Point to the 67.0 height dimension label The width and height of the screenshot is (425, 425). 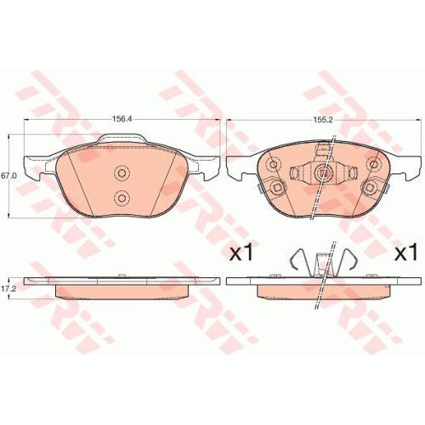point(8,176)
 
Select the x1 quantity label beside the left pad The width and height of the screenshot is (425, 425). point(241,253)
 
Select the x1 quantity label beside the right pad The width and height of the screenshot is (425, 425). point(406,253)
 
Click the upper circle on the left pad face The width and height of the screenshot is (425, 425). point(122,173)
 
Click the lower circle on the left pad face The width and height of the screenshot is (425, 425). point(122,197)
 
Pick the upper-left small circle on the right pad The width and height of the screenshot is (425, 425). point(274,164)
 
